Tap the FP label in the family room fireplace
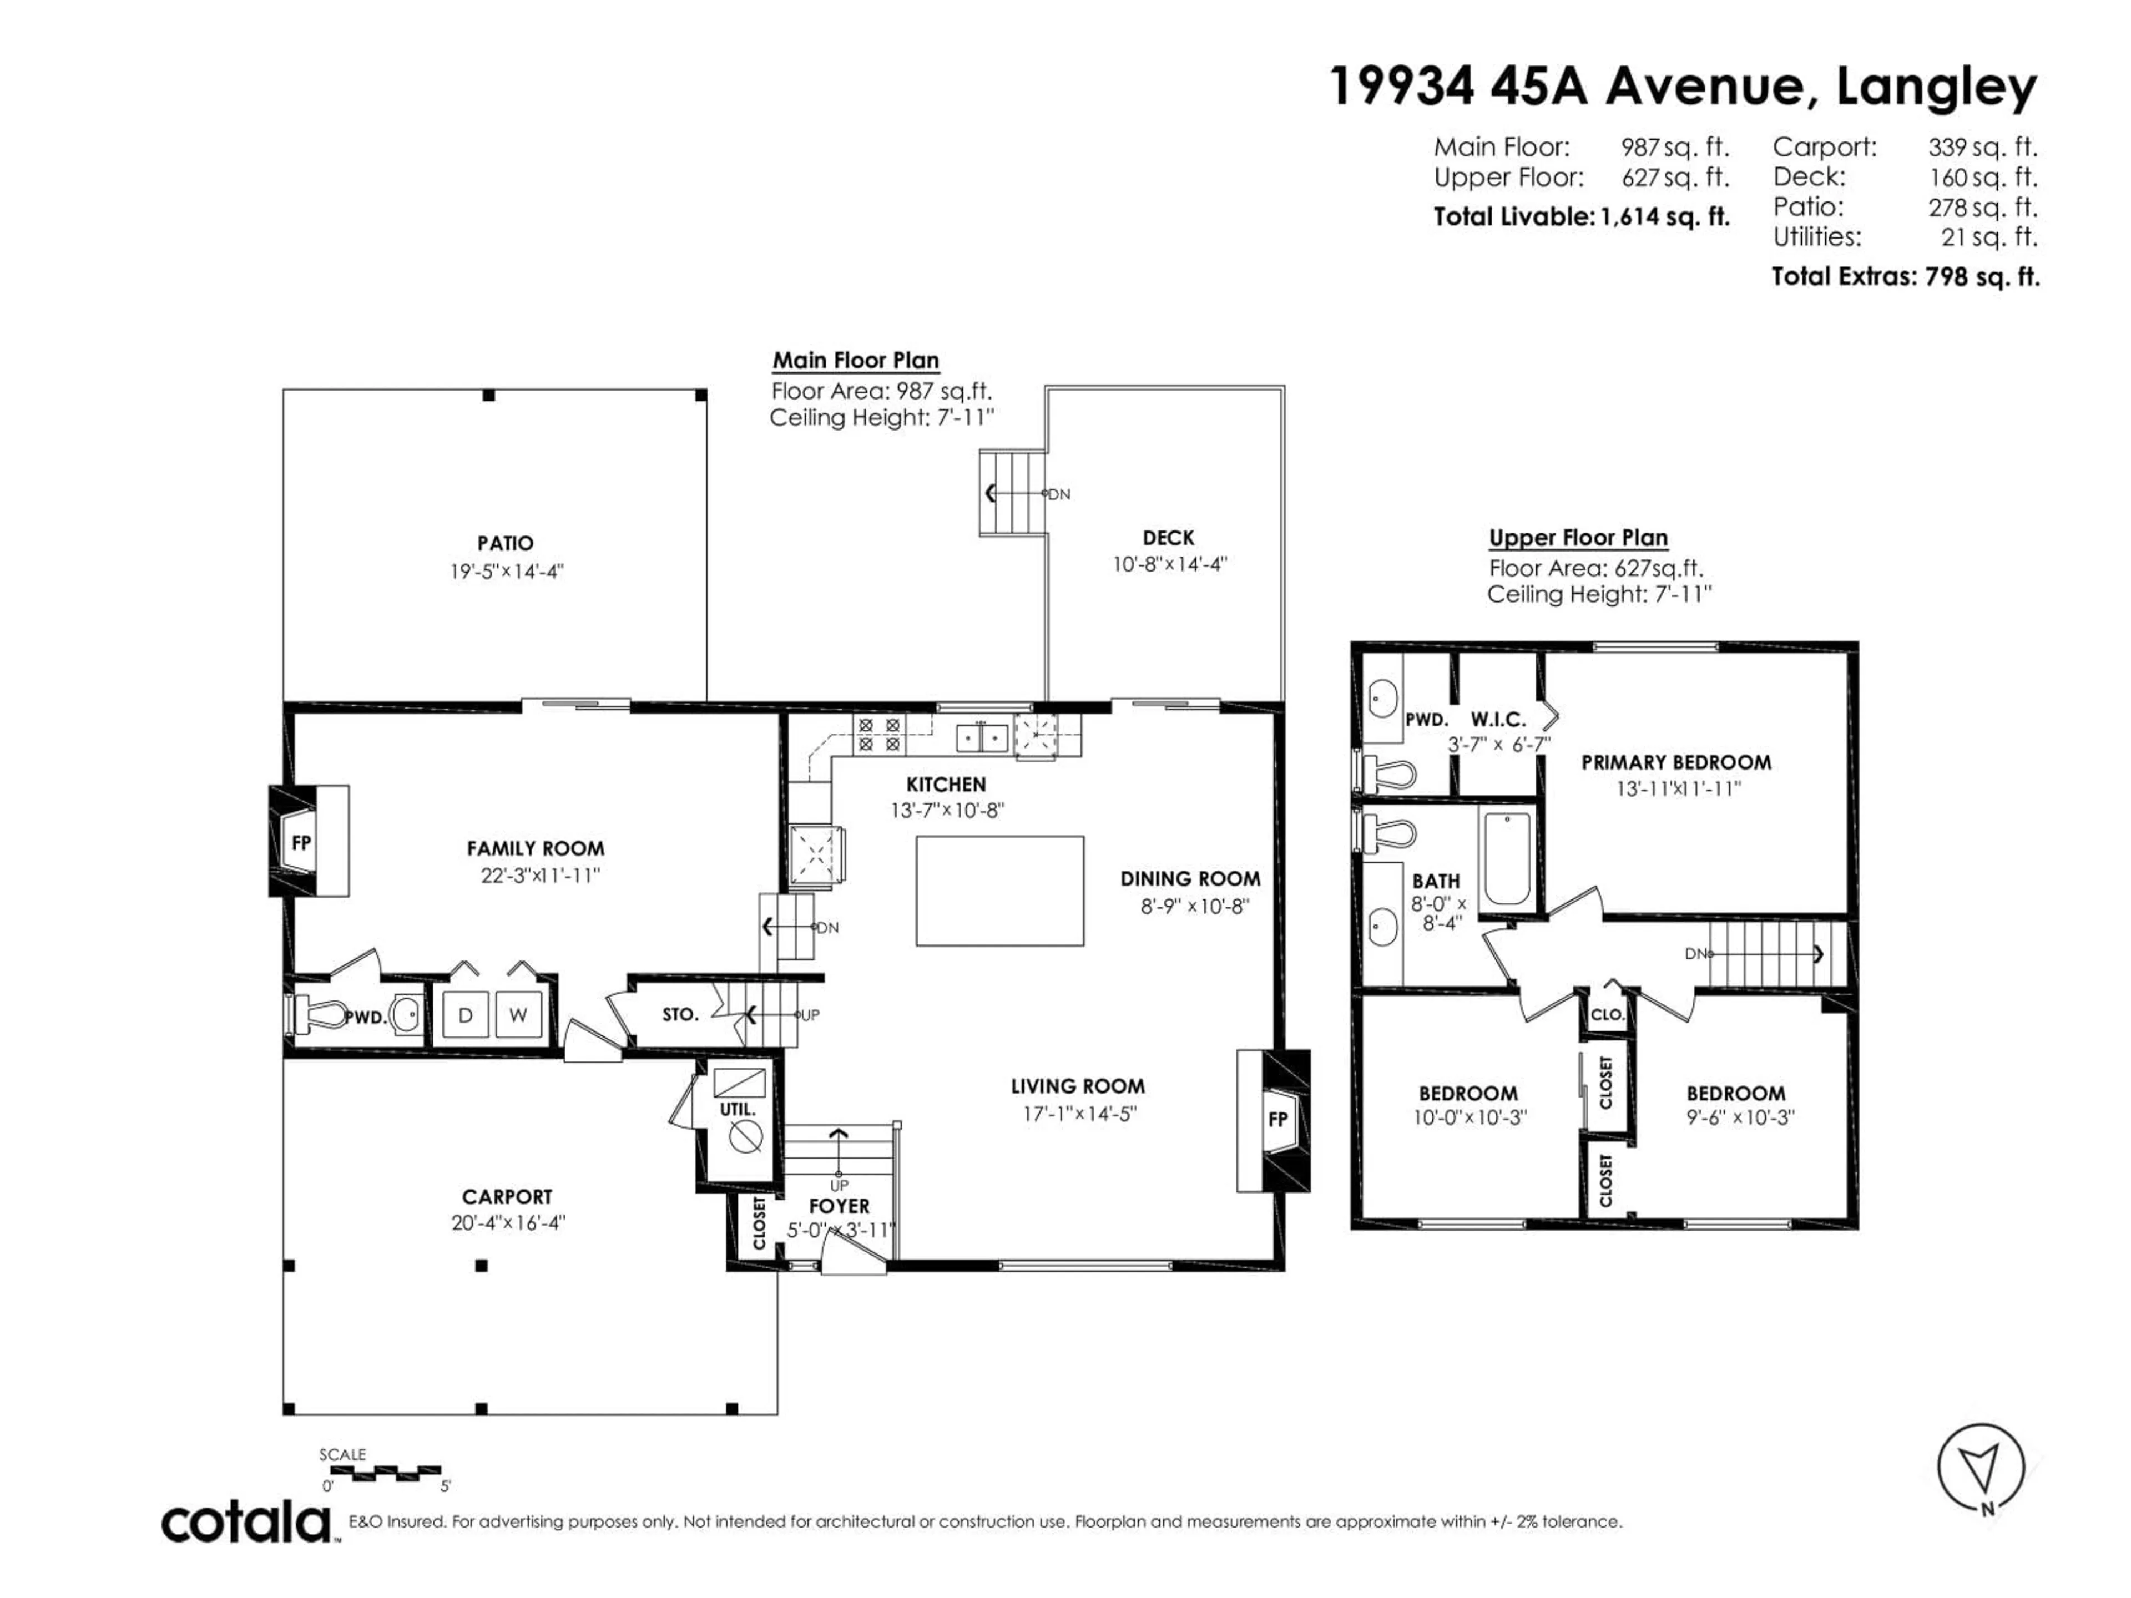pos(301,843)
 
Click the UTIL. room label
pos(738,1110)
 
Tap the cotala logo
pos(246,1523)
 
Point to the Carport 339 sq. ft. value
pos(1983,148)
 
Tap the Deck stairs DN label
pos(1059,494)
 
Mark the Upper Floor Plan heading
pos(1578,538)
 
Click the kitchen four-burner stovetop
pos(878,735)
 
